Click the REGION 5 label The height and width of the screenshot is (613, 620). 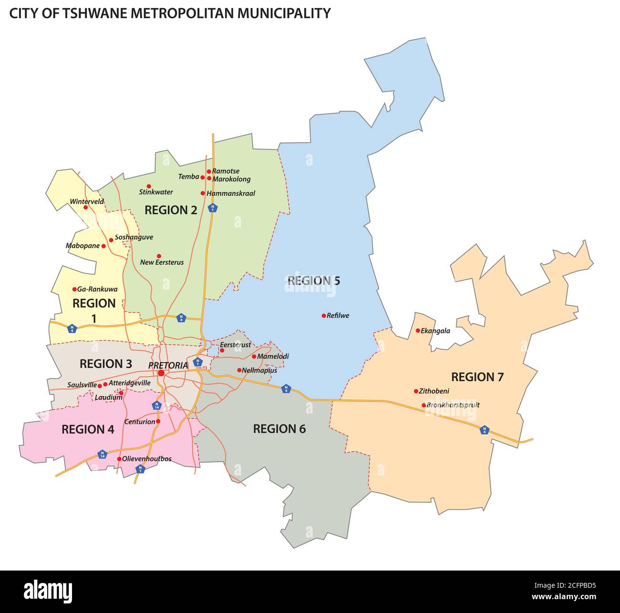tap(314, 281)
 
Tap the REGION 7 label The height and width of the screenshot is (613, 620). tap(477, 377)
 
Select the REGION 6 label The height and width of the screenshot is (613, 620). tap(279, 429)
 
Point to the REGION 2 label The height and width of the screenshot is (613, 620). tap(171, 210)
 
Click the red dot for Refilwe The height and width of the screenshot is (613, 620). tap(323, 316)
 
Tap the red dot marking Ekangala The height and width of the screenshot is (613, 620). tap(418, 331)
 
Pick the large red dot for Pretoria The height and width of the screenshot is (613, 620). tap(161, 373)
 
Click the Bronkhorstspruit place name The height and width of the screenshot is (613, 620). tap(453, 405)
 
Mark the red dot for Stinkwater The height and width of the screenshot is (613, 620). tap(148, 186)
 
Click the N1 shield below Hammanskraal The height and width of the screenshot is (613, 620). tap(213, 208)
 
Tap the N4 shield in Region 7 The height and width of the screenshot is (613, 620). tap(485, 430)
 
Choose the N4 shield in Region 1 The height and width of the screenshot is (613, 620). tap(72, 328)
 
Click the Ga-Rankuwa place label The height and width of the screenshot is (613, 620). tap(97, 289)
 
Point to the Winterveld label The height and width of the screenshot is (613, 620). tap(87, 201)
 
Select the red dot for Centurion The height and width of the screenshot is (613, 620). tap(158, 421)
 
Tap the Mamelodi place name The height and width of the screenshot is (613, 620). tap(273, 356)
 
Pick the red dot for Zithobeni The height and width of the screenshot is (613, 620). tap(416, 391)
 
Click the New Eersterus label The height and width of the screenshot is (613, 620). tap(162, 262)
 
